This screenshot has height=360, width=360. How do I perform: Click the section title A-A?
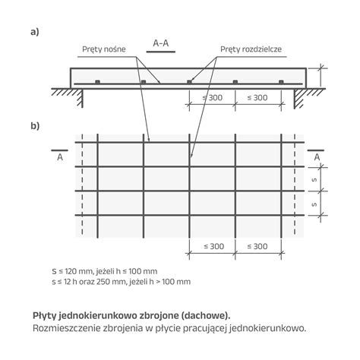(161, 43)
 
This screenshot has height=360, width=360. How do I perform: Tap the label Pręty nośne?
(104, 49)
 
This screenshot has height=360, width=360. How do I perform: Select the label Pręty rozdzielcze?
(251, 49)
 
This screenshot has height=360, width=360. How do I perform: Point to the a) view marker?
(35, 32)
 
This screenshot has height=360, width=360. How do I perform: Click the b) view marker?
(35, 125)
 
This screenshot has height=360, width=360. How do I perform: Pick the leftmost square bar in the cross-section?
(97, 82)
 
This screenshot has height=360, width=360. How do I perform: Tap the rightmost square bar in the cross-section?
(281, 82)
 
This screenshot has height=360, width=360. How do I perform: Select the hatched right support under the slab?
(305, 96)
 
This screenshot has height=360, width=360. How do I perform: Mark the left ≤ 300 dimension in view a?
(213, 98)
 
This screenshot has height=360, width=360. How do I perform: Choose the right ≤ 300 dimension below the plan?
(257, 246)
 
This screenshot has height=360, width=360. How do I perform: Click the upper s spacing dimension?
(314, 179)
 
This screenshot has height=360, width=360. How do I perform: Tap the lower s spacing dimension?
(314, 204)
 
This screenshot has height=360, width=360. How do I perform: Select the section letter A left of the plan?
(60, 157)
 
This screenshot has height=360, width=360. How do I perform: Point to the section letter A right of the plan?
(317, 157)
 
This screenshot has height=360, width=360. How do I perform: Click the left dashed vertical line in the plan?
(82, 185)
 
